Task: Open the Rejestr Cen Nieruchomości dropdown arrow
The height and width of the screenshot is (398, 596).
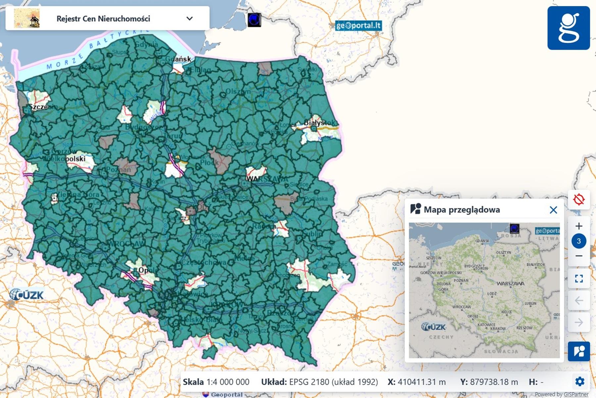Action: click(x=189, y=19)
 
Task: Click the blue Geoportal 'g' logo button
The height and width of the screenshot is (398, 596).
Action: click(x=568, y=28)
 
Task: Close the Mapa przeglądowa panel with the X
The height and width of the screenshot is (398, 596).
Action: click(x=553, y=210)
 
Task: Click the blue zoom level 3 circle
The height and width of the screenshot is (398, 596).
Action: click(x=578, y=241)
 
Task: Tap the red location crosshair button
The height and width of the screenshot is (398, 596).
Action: click(x=578, y=200)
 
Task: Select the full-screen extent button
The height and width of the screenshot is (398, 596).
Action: click(x=578, y=279)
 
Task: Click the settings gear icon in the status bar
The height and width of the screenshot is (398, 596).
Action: click(x=579, y=382)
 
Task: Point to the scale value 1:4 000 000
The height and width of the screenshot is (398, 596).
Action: click(x=228, y=382)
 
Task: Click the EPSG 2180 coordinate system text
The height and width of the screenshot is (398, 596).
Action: click(x=333, y=382)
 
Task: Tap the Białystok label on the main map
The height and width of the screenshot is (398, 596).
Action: click(x=319, y=123)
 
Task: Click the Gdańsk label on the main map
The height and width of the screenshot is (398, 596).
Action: click(x=178, y=59)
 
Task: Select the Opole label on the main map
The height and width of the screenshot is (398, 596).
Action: click(x=147, y=270)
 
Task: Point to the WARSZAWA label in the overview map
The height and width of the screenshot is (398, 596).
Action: click(x=510, y=284)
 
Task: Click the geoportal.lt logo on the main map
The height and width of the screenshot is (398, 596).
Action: click(x=358, y=26)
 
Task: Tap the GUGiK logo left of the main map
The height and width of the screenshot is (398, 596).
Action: click(x=26, y=295)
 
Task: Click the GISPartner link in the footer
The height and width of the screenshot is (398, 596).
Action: click(x=576, y=394)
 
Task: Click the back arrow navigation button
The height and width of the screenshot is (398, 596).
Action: click(x=578, y=300)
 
